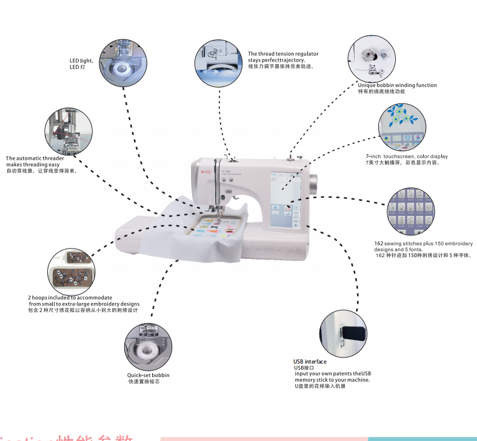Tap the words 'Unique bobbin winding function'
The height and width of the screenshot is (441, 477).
pyautogui.click(x=397, y=85)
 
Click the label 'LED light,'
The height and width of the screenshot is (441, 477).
pyautogui.click(x=81, y=60)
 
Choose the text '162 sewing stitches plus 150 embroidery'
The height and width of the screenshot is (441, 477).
pyautogui.click(x=423, y=244)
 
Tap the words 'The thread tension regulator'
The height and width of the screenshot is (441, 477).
pyautogui.click(x=283, y=54)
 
